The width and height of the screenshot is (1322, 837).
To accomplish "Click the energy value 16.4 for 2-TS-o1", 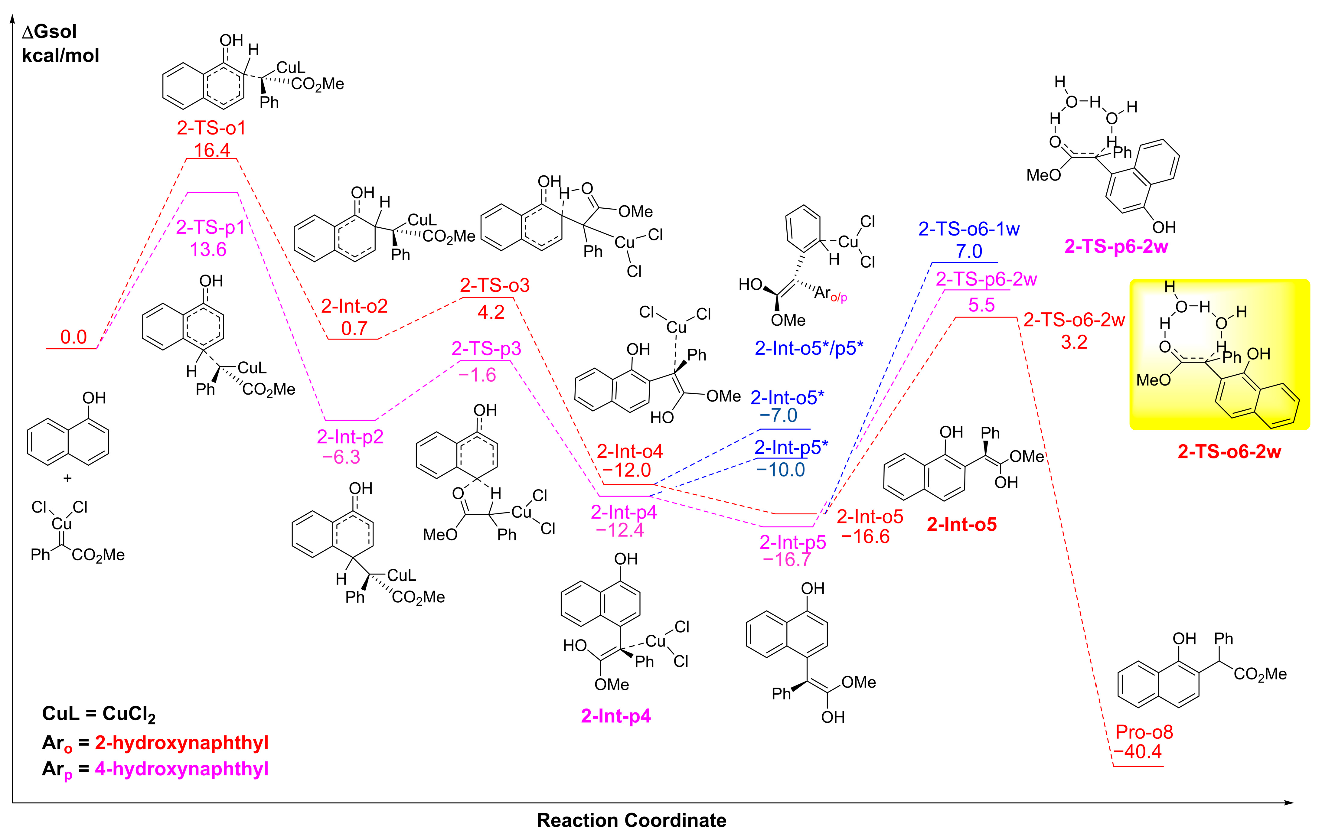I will tap(212, 150).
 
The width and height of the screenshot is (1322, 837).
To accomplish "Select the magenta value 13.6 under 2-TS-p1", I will tap(208, 250).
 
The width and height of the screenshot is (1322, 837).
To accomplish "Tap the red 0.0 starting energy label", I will tap(73, 337).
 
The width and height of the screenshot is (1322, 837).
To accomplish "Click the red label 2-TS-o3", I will tap(495, 285).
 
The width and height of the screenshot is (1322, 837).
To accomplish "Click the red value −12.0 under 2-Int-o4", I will tap(626, 471).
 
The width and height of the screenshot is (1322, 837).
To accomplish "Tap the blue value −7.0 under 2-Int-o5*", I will tap(779, 415).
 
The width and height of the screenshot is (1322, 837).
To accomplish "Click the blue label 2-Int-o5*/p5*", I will tap(809, 348).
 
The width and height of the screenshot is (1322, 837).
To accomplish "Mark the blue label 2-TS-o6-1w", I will tap(969, 229).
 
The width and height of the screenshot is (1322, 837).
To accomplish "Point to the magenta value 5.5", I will tap(982, 305).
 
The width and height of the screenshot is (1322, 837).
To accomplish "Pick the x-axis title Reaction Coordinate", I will tap(631, 820).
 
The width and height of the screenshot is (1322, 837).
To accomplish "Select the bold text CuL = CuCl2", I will tap(99, 714).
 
